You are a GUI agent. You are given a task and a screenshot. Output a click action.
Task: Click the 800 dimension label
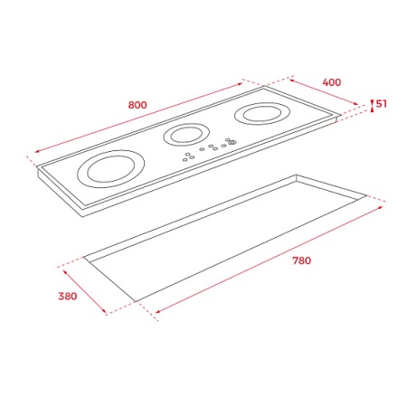click(137, 105)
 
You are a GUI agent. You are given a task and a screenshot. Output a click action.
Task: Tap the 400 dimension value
click(332, 82)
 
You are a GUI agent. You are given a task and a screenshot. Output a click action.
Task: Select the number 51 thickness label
click(381, 104)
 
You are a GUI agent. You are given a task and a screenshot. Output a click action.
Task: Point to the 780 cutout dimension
click(301, 260)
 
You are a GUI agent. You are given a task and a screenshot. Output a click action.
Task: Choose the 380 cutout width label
click(68, 296)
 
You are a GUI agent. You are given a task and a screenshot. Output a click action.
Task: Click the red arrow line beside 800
click(138, 118)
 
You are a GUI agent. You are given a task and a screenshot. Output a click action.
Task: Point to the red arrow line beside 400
click(324, 92)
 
